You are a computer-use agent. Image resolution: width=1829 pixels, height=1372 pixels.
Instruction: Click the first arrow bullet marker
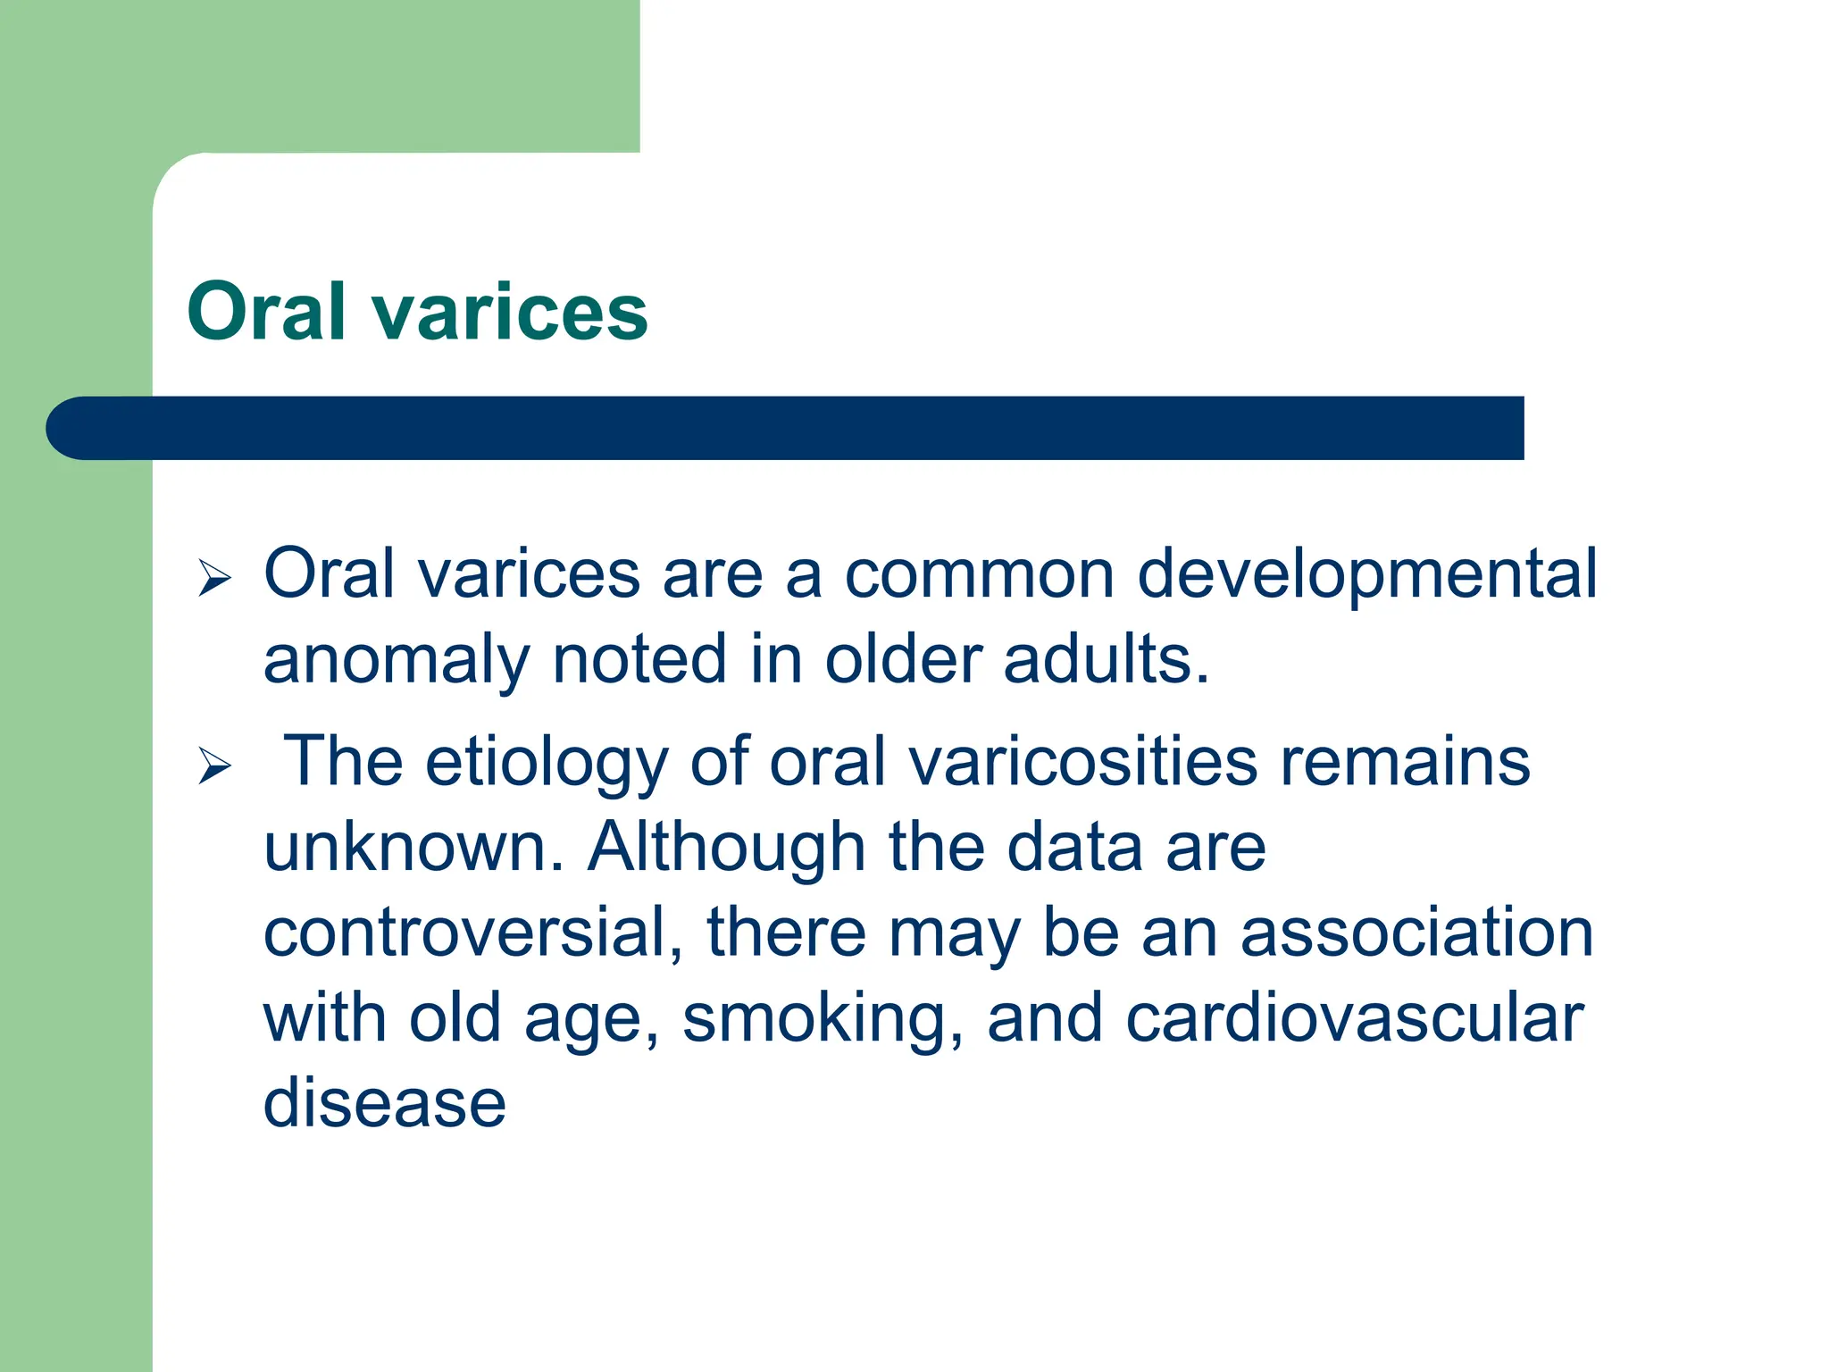pyautogui.click(x=214, y=578)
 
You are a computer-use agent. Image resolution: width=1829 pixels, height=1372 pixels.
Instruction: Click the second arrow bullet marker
pyautogui.click(x=214, y=765)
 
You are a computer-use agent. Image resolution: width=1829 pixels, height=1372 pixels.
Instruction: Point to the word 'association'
pyautogui.click(x=1416, y=933)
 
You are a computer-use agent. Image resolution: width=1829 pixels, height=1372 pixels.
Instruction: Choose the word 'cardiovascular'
pyautogui.click(x=1354, y=1018)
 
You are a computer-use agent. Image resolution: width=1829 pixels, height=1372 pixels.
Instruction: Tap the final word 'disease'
pyautogui.click(x=385, y=1104)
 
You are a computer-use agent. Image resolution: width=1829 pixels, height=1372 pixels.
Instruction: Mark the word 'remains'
pyautogui.click(x=1405, y=762)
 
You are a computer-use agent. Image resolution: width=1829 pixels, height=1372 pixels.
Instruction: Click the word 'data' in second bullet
pyautogui.click(x=1074, y=847)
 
